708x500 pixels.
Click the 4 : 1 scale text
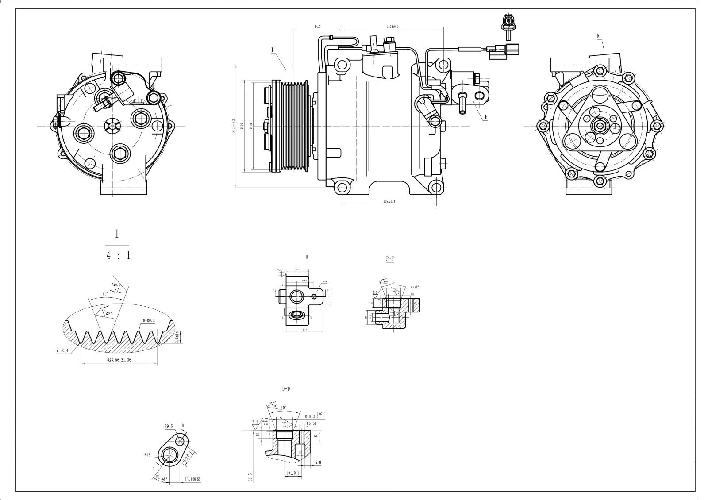[x=119, y=256]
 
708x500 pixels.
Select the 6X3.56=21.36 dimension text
[x=119, y=360]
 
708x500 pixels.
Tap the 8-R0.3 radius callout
[x=149, y=321]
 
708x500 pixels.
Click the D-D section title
[x=286, y=389]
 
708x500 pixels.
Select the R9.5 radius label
[x=169, y=426]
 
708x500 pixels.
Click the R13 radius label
[x=147, y=454]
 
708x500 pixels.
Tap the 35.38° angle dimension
[x=162, y=478]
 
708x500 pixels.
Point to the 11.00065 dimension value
[x=193, y=479]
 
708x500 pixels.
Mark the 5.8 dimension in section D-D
[x=318, y=462]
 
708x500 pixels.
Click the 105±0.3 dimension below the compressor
[x=389, y=201]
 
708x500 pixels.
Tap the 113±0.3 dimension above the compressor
[x=392, y=27]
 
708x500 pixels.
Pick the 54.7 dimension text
[x=317, y=27]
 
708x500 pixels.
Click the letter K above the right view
[x=598, y=35]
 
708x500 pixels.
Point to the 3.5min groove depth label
[x=177, y=337]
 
